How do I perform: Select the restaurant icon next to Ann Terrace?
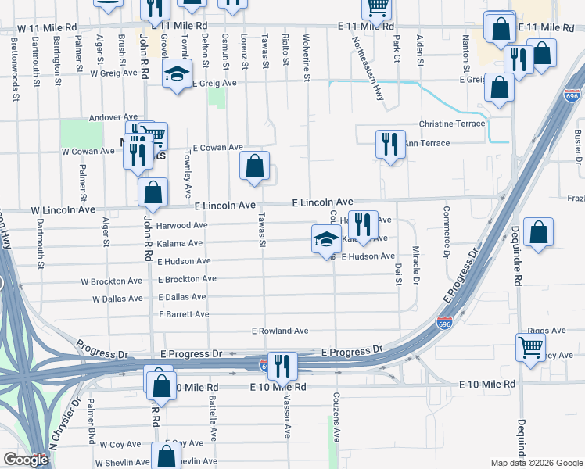(x=389, y=145)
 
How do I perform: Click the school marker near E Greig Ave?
(x=178, y=75)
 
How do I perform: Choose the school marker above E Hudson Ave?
(x=325, y=239)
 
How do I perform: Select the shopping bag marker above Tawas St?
(x=254, y=166)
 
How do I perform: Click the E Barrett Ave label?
(x=184, y=314)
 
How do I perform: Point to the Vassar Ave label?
(x=288, y=414)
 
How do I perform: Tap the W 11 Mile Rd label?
(x=48, y=27)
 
